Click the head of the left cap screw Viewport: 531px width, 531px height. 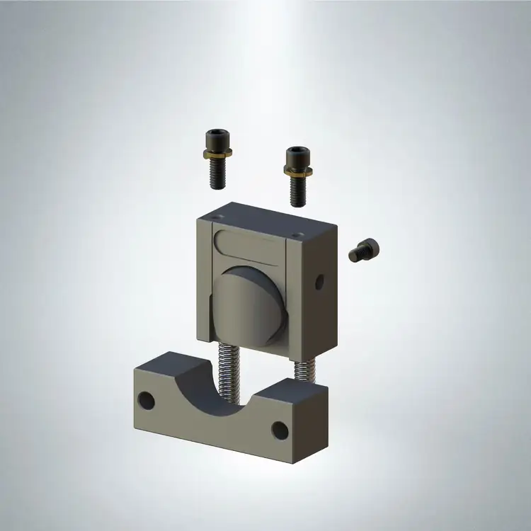point(215,137)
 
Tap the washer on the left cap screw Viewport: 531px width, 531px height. point(216,154)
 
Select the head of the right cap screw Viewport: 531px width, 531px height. point(296,155)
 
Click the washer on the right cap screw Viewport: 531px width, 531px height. point(297,171)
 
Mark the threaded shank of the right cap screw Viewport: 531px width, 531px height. point(298,189)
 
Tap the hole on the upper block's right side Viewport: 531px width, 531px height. point(319,282)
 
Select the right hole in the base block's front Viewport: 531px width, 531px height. point(280,430)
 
